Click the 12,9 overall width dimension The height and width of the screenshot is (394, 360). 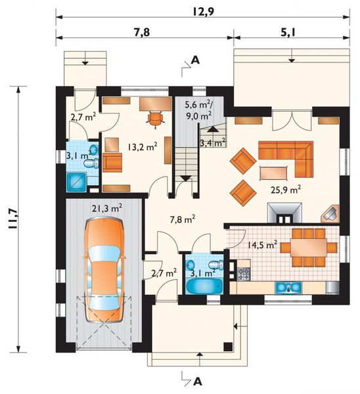coord(204,12)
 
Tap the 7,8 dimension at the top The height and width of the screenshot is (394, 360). coord(141,32)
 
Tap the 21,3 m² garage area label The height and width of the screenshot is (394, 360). coord(107,208)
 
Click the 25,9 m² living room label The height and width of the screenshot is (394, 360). coord(286,190)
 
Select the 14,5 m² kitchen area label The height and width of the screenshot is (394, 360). coord(263,244)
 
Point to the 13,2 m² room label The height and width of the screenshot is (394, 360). coord(143,146)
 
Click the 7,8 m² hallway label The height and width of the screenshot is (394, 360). coord(183,219)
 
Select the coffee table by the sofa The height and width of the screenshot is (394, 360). coord(273,173)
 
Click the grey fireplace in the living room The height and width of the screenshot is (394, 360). coord(284,213)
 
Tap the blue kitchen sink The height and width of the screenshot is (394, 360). coord(288,288)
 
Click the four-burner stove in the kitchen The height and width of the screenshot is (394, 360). coord(244,274)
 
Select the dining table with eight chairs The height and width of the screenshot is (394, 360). coord(309,248)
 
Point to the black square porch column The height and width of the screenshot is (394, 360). coord(228,347)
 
